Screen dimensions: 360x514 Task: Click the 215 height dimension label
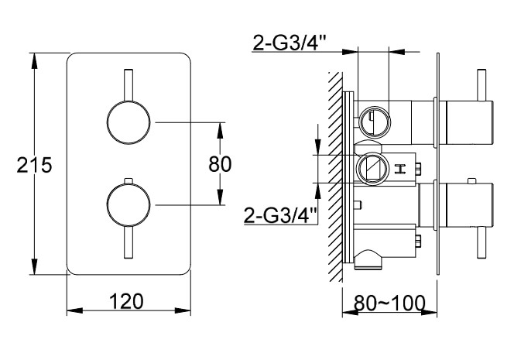[17, 165]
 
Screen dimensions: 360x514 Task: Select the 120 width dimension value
[128, 301]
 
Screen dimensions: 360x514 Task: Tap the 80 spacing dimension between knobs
[221, 163]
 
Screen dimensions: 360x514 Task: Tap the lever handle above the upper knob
[128, 84]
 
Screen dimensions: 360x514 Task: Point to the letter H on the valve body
[400, 168]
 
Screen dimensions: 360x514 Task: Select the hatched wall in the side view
[335, 178]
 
